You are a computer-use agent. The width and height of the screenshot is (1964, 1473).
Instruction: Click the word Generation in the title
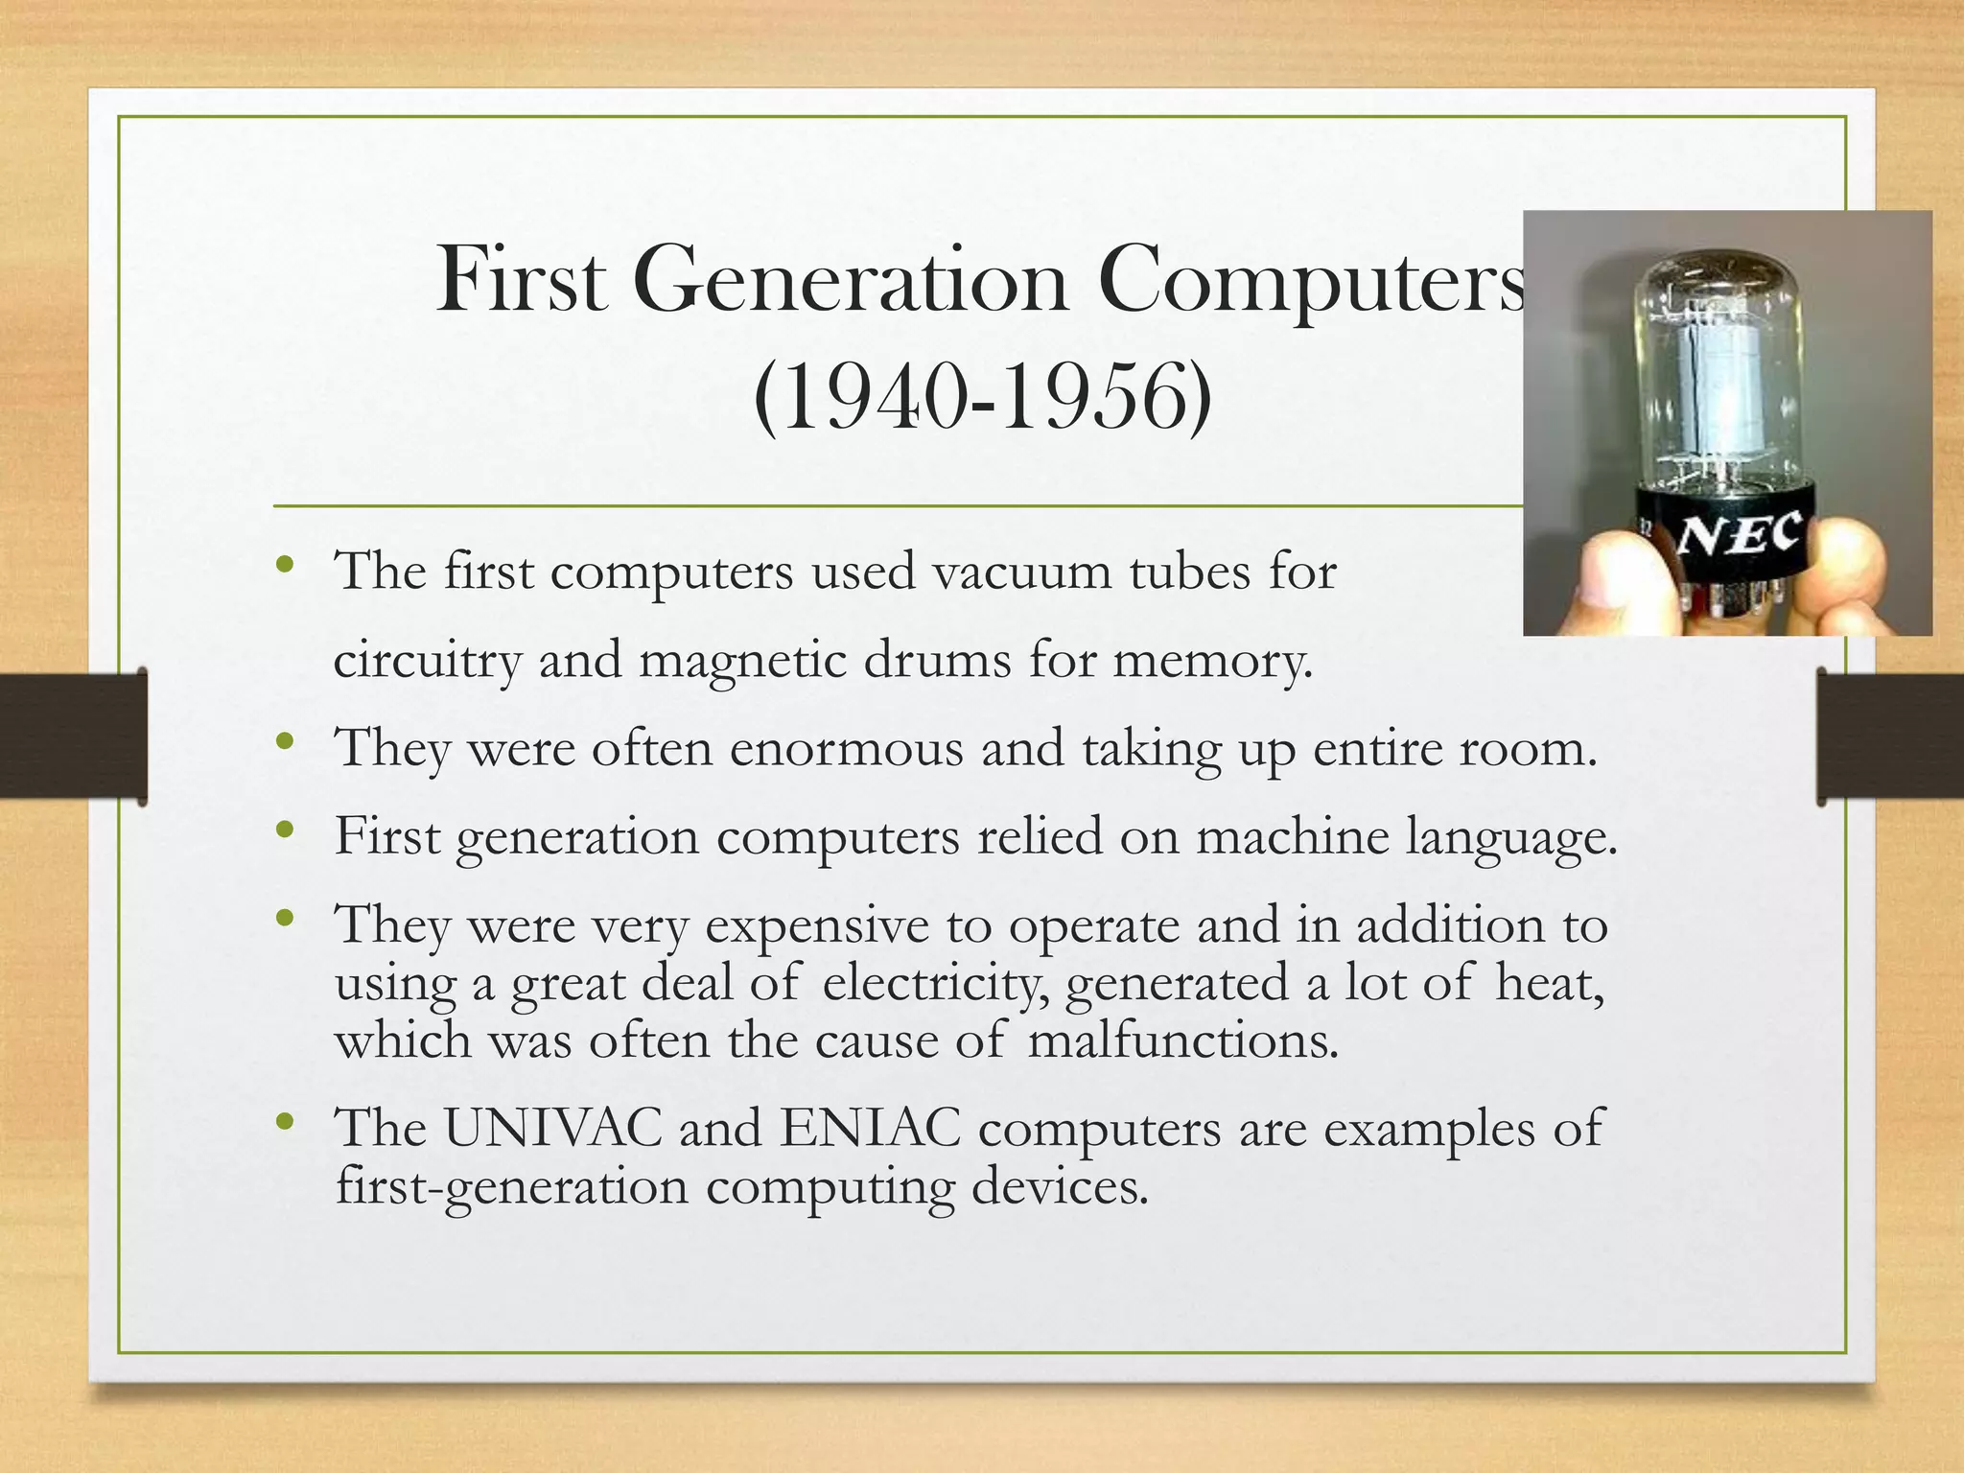point(850,280)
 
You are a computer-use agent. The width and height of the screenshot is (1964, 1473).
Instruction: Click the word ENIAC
point(870,1128)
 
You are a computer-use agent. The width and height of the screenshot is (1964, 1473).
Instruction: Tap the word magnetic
point(742,661)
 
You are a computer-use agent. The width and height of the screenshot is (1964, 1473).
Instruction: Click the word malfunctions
point(1181,1040)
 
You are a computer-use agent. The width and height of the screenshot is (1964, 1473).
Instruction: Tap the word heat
point(1550,983)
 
